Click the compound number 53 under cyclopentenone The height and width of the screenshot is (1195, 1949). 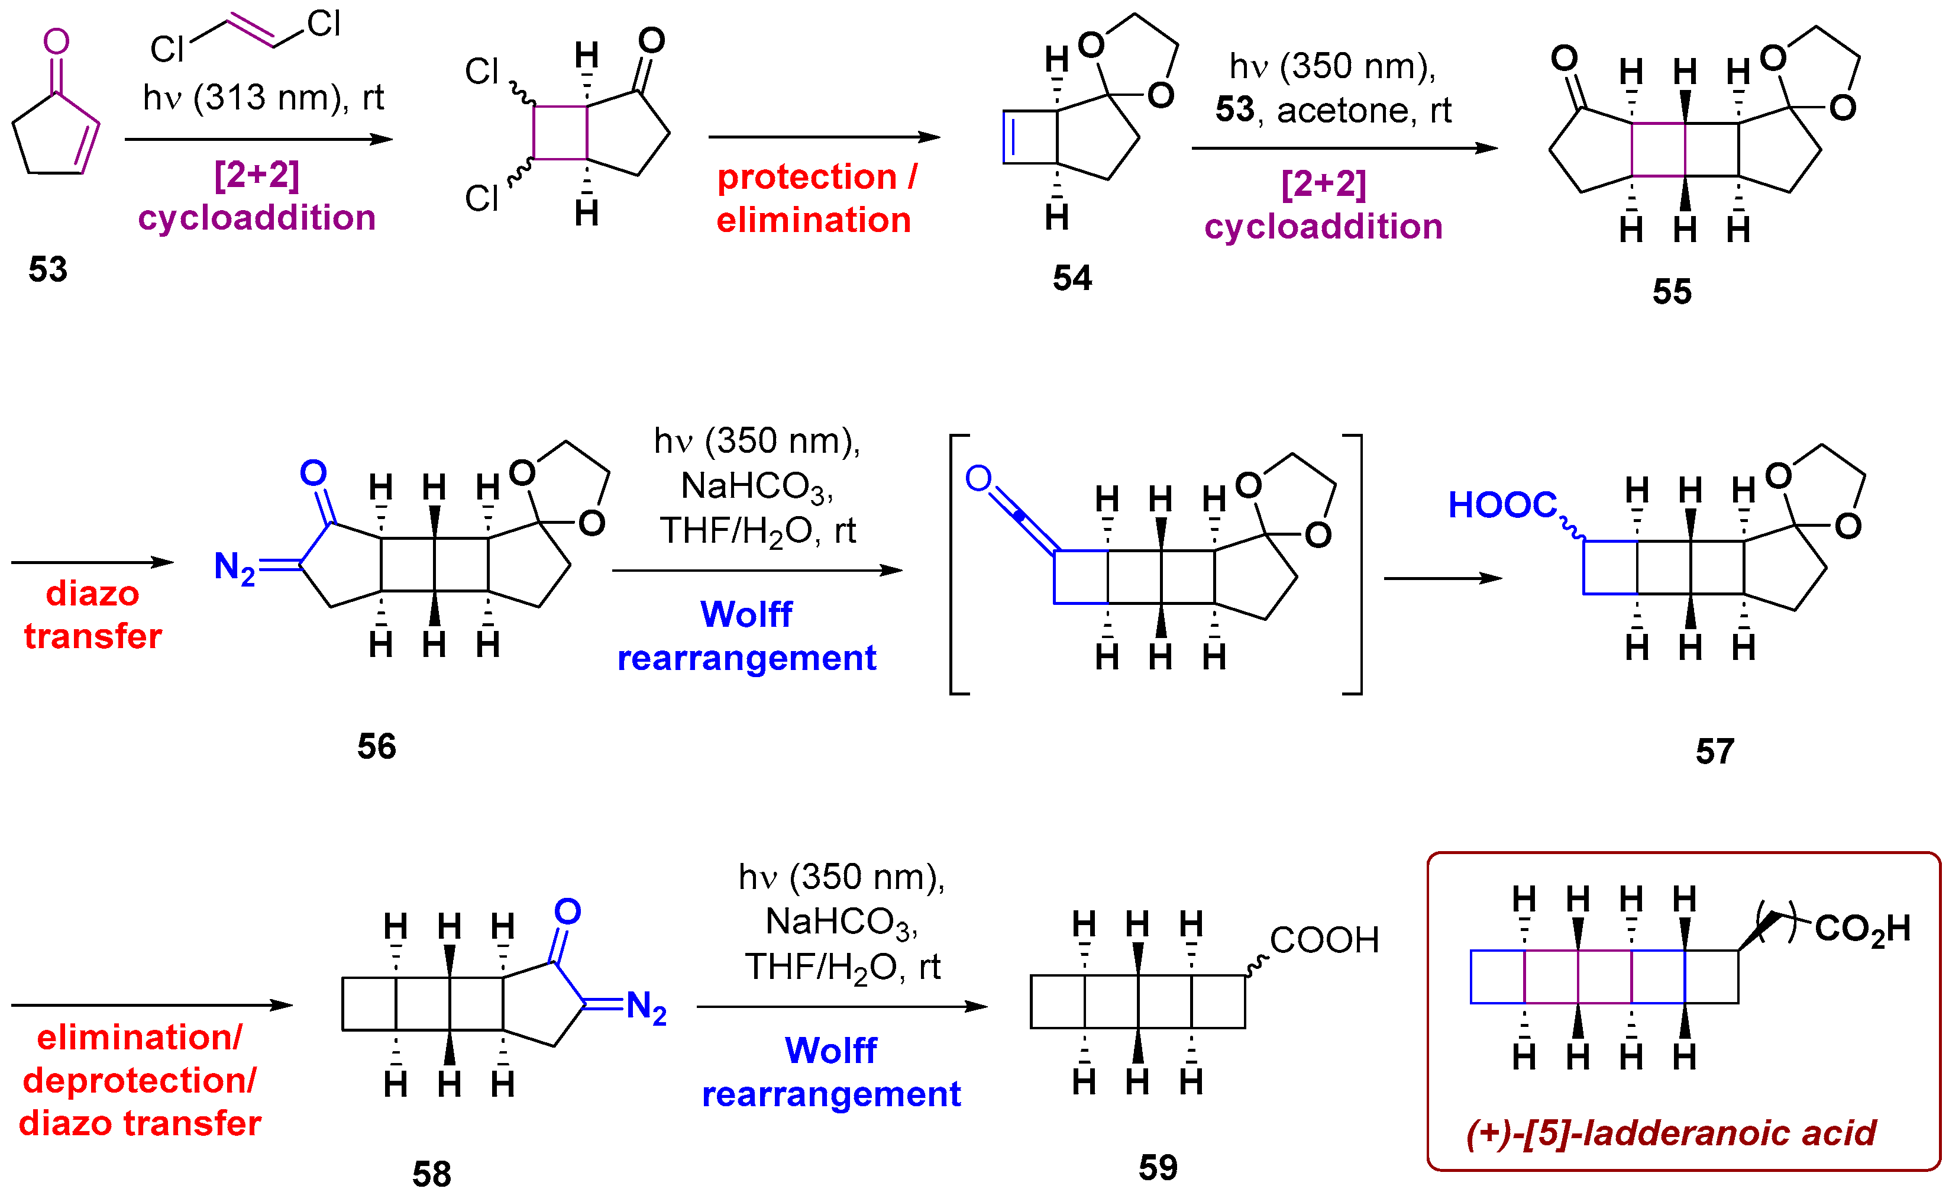[x=49, y=270]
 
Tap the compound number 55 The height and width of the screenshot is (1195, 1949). [x=1672, y=292]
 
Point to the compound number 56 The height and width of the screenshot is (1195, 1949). [x=377, y=746]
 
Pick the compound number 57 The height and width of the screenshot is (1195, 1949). [x=1715, y=751]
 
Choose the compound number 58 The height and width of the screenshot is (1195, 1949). [x=432, y=1174]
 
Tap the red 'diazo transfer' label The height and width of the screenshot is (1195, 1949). [x=92, y=615]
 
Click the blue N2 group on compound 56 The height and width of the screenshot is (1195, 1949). [x=235, y=568]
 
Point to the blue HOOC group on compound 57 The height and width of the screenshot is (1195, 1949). [x=1502, y=505]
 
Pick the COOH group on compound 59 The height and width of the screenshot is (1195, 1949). [x=1324, y=940]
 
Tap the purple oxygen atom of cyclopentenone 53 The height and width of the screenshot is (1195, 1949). [x=56, y=41]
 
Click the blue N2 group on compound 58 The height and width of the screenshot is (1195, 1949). [x=647, y=1007]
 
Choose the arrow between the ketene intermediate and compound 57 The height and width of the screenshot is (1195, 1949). [x=1443, y=578]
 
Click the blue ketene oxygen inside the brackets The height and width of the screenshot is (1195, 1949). [x=978, y=478]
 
